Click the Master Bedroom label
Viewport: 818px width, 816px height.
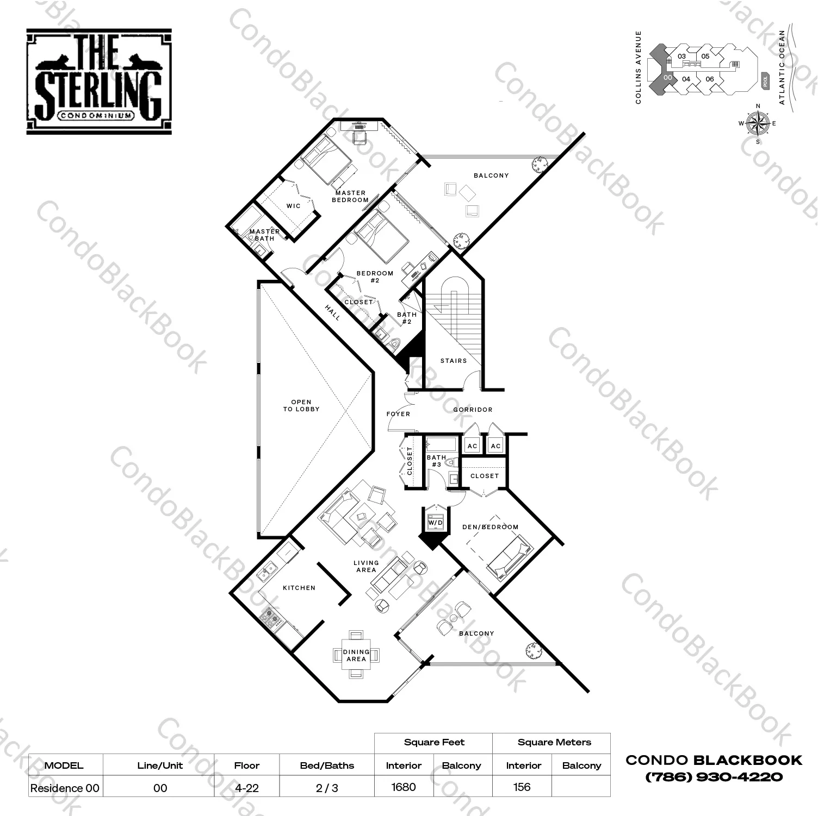click(x=350, y=196)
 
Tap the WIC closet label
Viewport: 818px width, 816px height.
click(x=293, y=206)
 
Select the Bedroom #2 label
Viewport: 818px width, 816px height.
click(x=375, y=277)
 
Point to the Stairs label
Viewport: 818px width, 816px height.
click(x=454, y=360)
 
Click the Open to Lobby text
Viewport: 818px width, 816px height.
click(x=301, y=405)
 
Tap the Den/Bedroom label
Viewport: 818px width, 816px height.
click(x=490, y=526)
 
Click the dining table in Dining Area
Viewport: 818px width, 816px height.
click(x=356, y=655)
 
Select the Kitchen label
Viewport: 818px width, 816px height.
click(x=299, y=587)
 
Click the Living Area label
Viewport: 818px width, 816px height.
click(x=366, y=566)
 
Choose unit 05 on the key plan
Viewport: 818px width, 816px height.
click(x=705, y=56)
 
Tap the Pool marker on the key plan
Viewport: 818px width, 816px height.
click(x=766, y=80)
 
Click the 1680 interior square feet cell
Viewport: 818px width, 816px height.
click(x=404, y=787)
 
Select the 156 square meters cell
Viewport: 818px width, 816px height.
click(x=522, y=787)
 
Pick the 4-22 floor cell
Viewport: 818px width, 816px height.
click(x=246, y=788)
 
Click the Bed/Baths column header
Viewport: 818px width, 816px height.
click(x=327, y=765)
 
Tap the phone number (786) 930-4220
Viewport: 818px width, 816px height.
click(x=714, y=777)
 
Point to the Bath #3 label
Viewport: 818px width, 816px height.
click(x=436, y=461)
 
